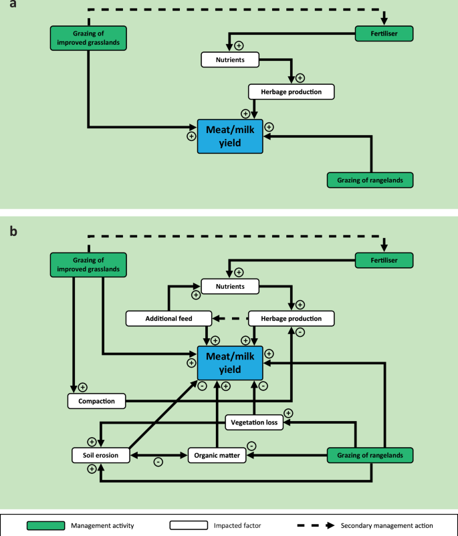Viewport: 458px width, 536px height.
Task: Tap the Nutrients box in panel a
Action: (230, 59)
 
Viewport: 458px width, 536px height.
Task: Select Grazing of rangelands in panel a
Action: (370, 180)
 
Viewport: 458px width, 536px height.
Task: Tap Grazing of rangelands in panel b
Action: (370, 456)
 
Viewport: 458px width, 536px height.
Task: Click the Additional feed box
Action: (168, 319)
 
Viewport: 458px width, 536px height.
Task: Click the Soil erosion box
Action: (100, 456)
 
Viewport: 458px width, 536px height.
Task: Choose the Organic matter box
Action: (218, 456)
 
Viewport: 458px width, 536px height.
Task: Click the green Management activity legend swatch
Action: (45, 526)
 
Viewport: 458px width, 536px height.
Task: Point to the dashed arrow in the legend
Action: (315, 526)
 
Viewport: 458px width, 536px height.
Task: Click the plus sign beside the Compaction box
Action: (83, 386)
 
